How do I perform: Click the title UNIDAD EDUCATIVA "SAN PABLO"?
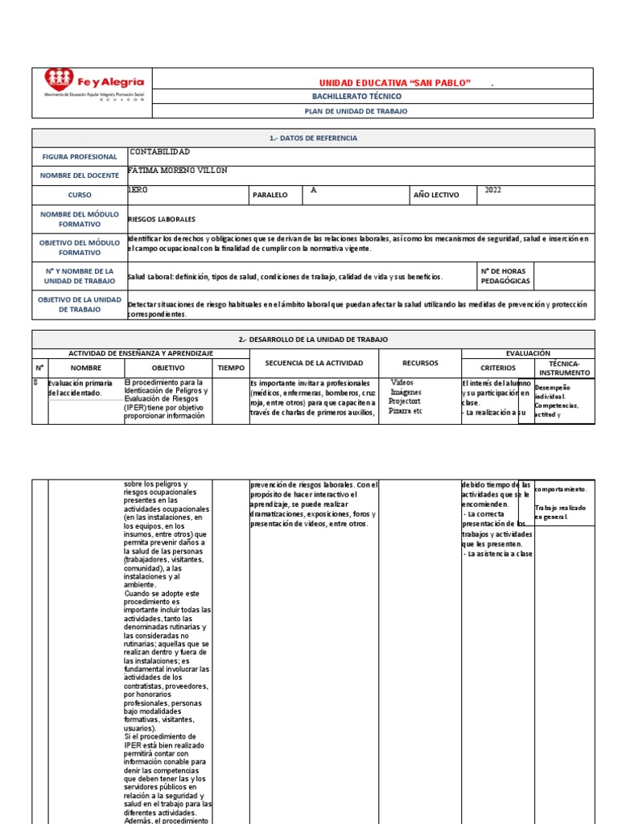click(394, 84)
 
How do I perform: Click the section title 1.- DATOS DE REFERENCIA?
click(313, 138)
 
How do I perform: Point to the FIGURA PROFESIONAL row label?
click(80, 157)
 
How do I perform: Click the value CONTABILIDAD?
click(160, 152)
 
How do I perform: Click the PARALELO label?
click(270, 195)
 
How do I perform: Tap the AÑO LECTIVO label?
click(435, 195)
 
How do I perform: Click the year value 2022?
click(493, 191)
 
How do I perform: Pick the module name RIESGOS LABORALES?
click(162, 219)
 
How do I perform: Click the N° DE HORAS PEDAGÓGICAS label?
click(505, 276)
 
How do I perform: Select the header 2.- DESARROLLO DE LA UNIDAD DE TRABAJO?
click(313, 340)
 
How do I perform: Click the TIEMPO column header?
click(231, 367)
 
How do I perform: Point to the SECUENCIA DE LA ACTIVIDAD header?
click(313, 363)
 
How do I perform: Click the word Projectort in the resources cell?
click(405, 401)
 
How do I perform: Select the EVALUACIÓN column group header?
click(528, 353)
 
